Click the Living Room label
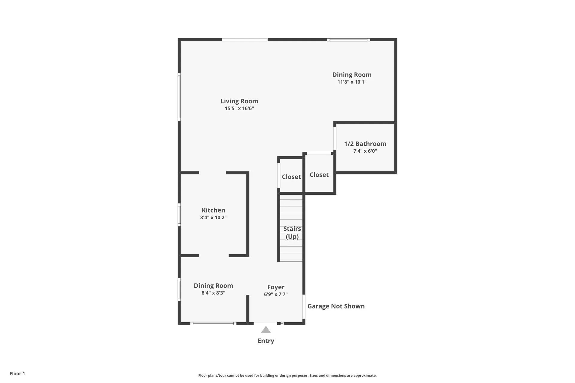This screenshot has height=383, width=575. (239, 101)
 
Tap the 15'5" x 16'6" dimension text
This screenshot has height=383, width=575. (239, 108)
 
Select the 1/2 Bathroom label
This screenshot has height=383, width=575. (365, 144)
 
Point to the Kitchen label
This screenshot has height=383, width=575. (213, 210)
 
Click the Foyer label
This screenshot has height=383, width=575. (276, 287)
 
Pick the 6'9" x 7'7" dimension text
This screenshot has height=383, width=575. (276, 294)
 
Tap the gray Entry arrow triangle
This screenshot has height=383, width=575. (266, 330)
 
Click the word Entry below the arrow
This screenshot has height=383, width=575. (266, 341)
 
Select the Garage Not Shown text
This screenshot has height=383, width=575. (336, 306)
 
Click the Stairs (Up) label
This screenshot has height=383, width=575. (292, 232)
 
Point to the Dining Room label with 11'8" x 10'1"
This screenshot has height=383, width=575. (352, 75)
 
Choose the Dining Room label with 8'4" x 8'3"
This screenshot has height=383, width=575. (213, 286)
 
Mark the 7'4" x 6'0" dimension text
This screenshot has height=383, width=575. (365, 151)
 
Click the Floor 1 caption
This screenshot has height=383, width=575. (17, 373)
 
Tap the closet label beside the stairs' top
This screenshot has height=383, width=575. (291, 177)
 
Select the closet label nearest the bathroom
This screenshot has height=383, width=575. (319, 175)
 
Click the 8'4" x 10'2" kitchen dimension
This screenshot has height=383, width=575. (213, 218)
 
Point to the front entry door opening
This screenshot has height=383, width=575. (265, 323)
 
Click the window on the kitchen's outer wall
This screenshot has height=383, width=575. (179, 215)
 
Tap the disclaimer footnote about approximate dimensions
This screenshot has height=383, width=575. (287, 376)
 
